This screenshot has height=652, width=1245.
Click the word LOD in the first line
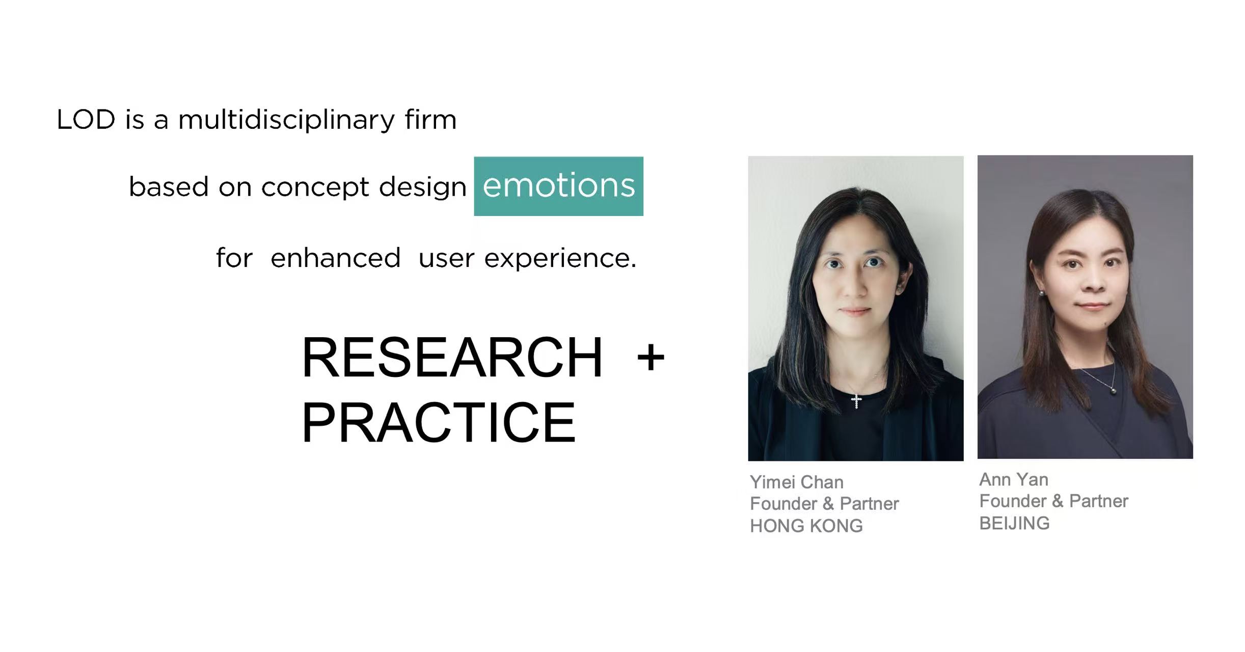click(86, 120)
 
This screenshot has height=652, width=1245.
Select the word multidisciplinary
click(286, 121)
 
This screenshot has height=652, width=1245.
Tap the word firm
click(431, 120)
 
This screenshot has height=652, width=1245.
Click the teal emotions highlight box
click(558, 186)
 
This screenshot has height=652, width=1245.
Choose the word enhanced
click(335, 257)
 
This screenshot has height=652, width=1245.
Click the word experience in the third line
click(560, 259)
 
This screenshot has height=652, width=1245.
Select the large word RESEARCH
click(452, 358)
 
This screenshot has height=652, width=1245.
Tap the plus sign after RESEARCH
click(651, 358)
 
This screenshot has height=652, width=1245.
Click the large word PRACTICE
click(439, 422)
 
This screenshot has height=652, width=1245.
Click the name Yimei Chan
click(797, 482)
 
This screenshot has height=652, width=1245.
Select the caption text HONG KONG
click(806, 526)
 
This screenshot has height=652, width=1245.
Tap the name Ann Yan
click(1014, 479)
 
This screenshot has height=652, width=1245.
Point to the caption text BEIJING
click(1014, 523)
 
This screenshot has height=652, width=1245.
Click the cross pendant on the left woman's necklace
click(856, 400)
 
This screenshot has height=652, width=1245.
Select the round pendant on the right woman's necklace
click(1114, 391)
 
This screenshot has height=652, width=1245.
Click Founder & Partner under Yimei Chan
click(824, 504)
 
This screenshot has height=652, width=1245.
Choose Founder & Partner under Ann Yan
click(1053, 501)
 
